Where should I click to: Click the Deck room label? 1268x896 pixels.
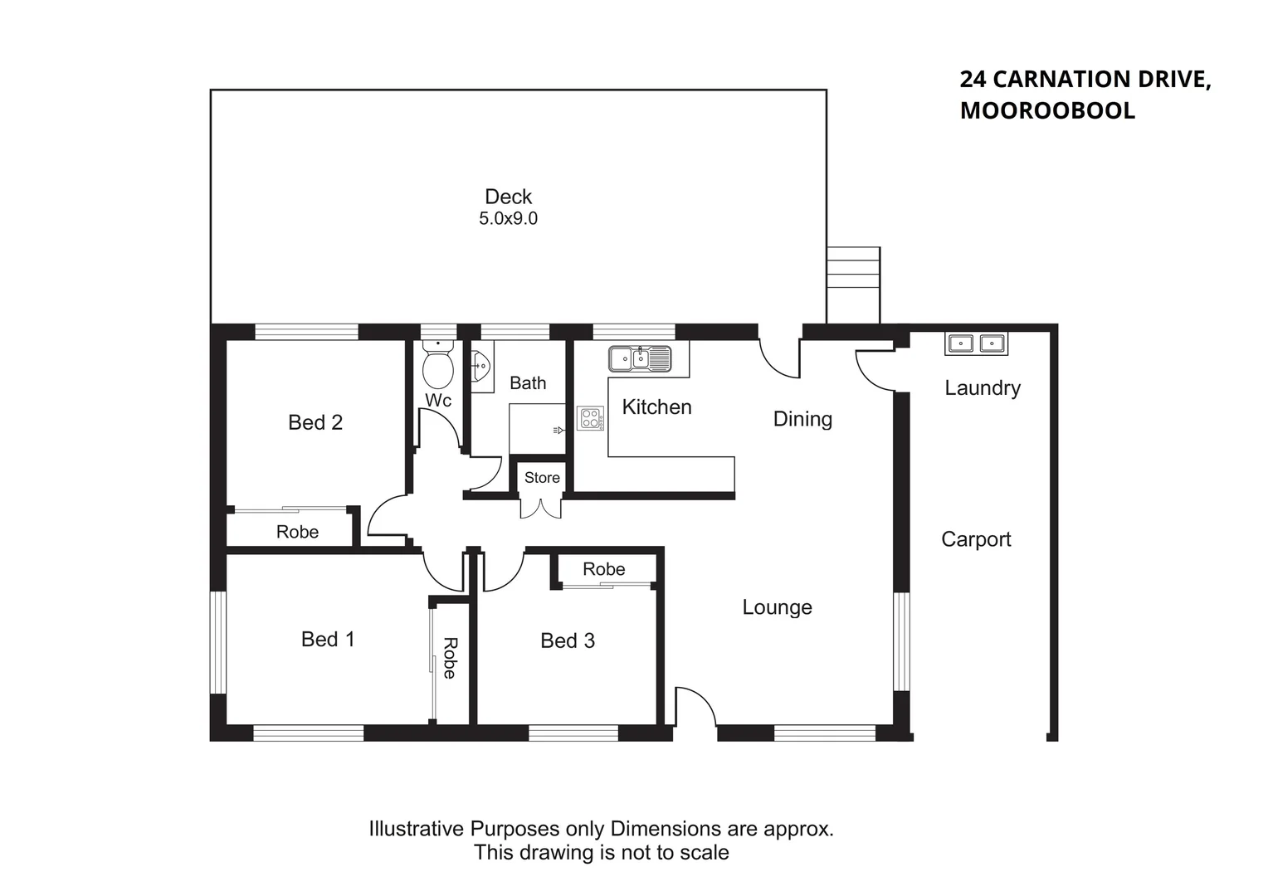tap(508, 197)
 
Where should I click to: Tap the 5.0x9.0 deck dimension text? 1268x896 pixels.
tap(508, 219)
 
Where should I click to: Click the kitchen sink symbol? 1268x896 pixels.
tap(639, 358)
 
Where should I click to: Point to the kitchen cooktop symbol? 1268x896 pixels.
tap(591, 418)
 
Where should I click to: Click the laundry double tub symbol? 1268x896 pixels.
tap(976, 343)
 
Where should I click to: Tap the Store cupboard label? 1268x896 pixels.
tap(542, 478)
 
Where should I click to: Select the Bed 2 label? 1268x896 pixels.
tap(315, 422)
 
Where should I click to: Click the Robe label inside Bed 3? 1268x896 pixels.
tap(603, 569)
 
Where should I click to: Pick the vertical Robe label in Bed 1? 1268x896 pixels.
tap(450, 658)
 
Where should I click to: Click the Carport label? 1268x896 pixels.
tap(976, 539)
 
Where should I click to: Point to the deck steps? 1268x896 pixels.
tap(853, 285)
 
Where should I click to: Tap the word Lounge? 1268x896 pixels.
tap(777, 607)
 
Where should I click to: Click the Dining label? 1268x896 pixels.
tap(802, 419)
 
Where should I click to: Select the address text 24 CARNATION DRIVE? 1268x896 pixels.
tap(1085, 80)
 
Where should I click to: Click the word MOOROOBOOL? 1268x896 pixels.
tap(1047, 110)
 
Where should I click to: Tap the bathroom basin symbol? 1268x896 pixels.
tap(481, 365)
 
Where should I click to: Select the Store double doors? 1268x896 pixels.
tap(541, 507)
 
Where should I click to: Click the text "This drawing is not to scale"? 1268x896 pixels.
tap(601, 853)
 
